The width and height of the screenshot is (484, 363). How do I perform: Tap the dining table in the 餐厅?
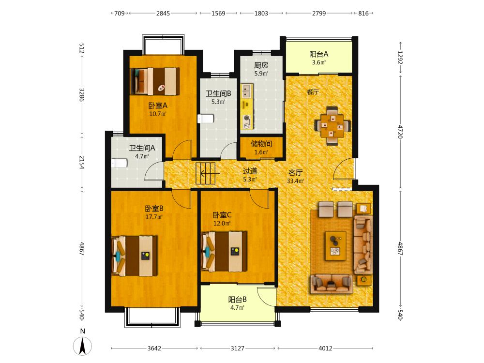[x=332, y=126]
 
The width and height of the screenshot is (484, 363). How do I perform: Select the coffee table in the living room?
[x=335, y=246]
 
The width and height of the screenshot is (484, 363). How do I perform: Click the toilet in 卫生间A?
[x=119, y=163]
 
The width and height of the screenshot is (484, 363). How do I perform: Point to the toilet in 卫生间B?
[x=206, y=119]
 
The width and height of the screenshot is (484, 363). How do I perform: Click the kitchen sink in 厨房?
[x=246, y=91]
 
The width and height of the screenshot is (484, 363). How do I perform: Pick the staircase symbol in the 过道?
[x=206, y=173]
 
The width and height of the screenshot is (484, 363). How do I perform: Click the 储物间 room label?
[x=261, y=144]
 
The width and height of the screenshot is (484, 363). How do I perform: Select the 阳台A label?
[x=318, y=54]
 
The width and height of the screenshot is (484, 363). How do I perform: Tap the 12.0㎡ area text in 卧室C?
[x=222, y=223]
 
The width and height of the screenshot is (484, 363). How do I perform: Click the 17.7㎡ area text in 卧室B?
[x=154, y=217]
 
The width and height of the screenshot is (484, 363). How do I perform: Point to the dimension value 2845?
[x=163, y=13]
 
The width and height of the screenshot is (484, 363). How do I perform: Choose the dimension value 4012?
[x=325, y=348]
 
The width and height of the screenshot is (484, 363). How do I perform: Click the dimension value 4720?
[x=400, y=132]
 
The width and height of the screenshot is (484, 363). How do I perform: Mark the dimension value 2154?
[x=81, y=162]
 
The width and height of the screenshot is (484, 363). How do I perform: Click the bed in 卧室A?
[x=155, y=81]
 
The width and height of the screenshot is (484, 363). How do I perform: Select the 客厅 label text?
[x=295, y=173]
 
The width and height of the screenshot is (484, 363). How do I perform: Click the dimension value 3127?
[x=237, y=348]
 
